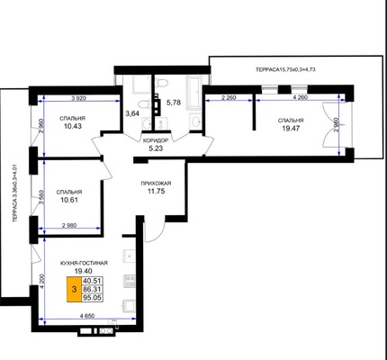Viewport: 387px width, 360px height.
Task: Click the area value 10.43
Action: coord(73,126)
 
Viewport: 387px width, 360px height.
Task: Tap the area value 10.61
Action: coord(69,200)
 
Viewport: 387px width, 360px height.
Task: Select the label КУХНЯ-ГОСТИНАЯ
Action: coord(84,263)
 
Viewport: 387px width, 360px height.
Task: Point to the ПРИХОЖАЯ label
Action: coord(156,184)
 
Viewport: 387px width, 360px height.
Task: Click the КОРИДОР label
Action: coord(156,140)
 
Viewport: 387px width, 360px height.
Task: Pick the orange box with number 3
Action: coord(74,289)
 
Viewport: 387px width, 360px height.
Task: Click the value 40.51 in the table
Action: coord(93,281)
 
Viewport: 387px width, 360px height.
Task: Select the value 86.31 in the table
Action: coord(93,289)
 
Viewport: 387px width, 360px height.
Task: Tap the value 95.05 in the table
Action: coord(93,298)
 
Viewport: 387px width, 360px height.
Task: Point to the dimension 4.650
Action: coord(87,316)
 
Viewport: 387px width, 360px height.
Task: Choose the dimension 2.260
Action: coord(229,97)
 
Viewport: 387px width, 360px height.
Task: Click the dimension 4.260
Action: coord(300,97)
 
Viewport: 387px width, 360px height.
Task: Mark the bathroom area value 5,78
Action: coord(174,103)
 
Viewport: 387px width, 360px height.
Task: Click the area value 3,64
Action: coord(132,113)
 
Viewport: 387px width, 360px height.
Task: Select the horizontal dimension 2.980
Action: coord(70,226)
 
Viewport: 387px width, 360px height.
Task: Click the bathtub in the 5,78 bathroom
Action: coord(195,92)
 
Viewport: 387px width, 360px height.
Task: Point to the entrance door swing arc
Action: coord(157,234)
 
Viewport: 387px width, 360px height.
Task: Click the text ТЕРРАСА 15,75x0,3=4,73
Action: coord(285,69)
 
